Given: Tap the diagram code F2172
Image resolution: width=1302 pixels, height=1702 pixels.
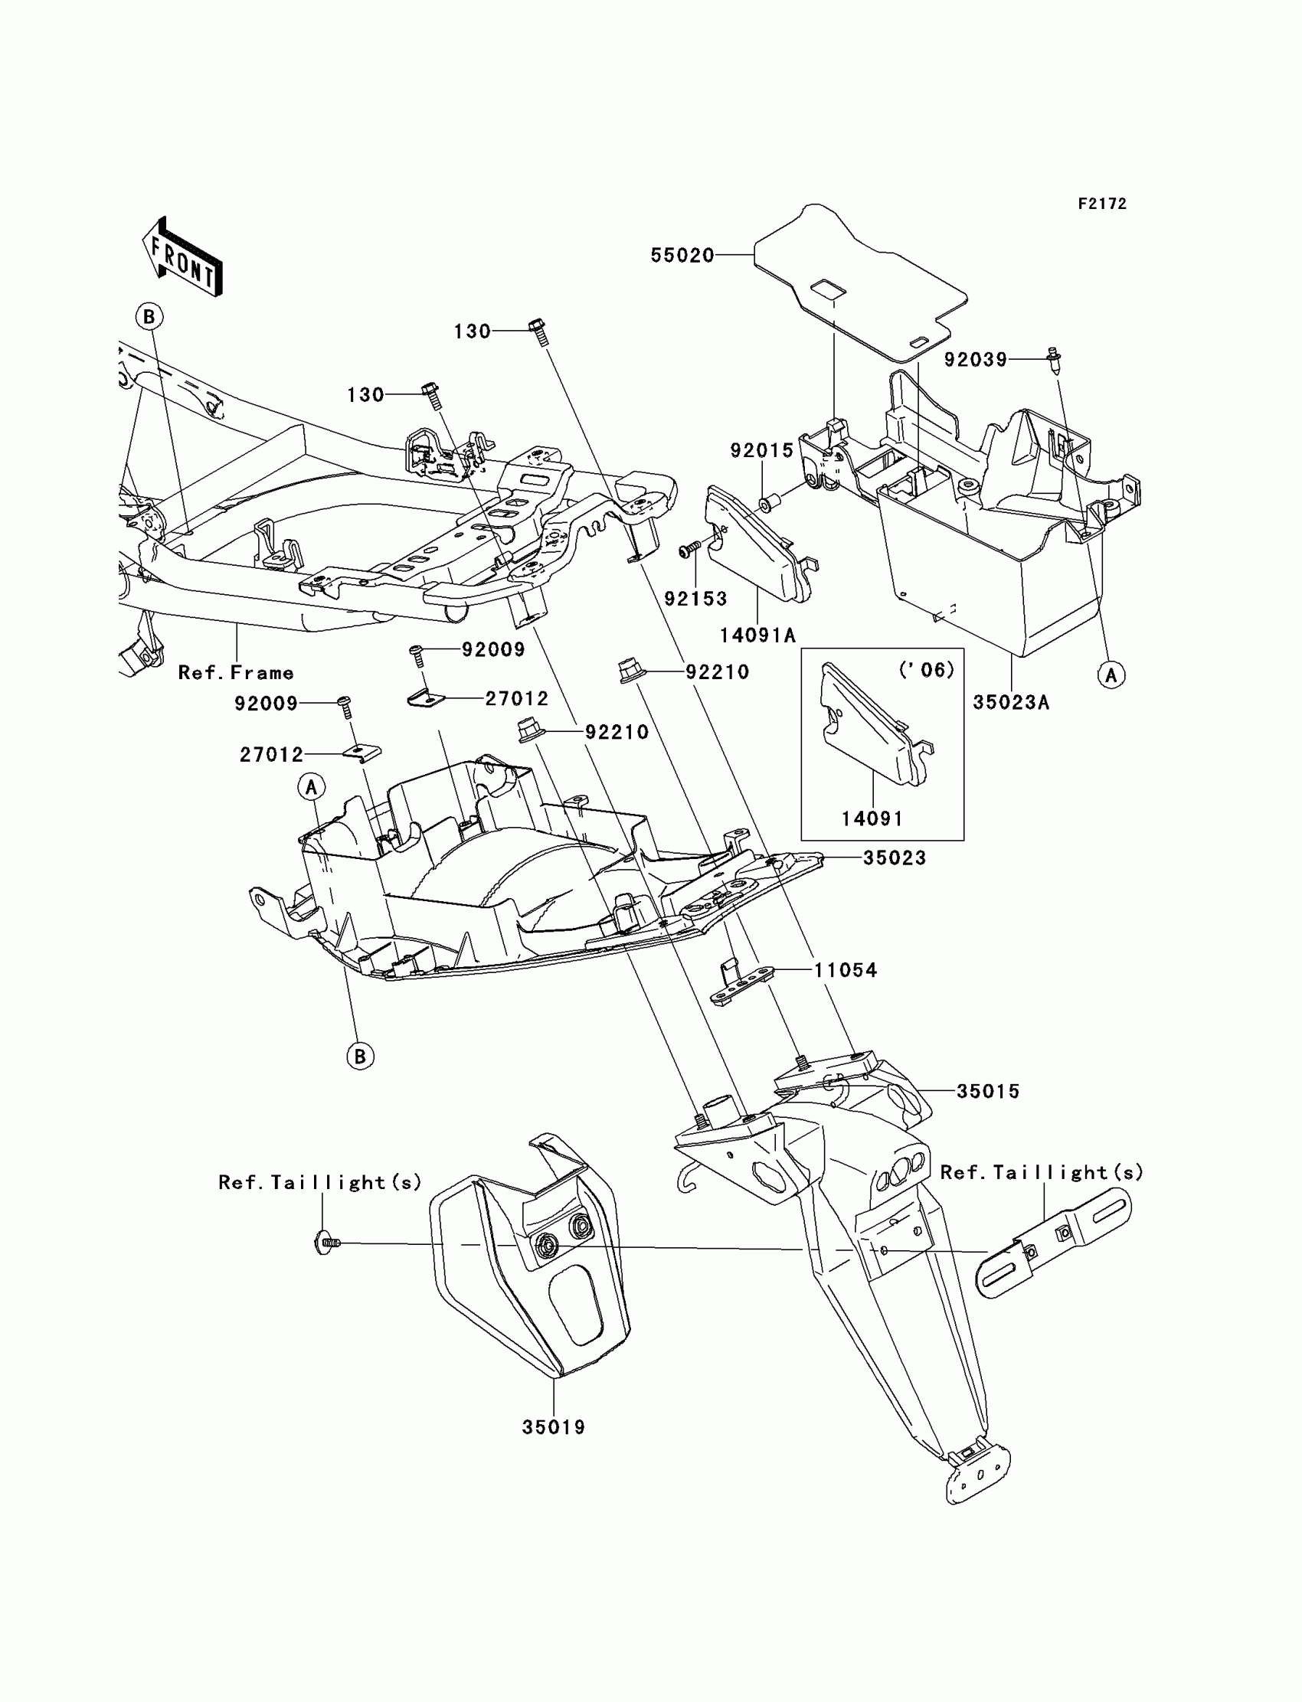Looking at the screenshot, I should pos(1101,204).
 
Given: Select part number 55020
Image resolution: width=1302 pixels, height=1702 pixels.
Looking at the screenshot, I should pos(681,256).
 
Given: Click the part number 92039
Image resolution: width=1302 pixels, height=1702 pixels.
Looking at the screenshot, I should pos(975,359).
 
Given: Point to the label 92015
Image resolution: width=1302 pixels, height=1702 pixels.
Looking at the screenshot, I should pos(763,450).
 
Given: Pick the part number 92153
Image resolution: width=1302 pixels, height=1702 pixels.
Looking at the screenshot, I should pos(695,598).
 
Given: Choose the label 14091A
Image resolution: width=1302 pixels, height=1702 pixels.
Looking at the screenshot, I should pos(757,635).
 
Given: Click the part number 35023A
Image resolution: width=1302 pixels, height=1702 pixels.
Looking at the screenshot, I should pos(1011,702).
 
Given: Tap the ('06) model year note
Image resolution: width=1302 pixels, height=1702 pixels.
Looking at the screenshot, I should pos(925,669).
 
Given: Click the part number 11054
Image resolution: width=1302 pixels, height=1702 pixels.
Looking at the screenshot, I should pos(845,970).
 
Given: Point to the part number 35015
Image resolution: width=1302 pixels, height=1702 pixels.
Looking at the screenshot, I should pos(987,1091).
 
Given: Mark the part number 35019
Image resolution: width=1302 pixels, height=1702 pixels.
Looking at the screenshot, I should pos(553,1427).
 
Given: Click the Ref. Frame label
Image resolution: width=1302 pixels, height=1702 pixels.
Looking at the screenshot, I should pos(236,672).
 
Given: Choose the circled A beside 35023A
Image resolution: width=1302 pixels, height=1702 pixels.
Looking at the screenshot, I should pos(1111,675).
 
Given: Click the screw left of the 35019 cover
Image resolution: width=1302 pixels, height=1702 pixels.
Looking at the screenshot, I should pos(327,1243).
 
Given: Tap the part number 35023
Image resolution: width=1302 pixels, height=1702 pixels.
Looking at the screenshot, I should pos(895,858).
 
